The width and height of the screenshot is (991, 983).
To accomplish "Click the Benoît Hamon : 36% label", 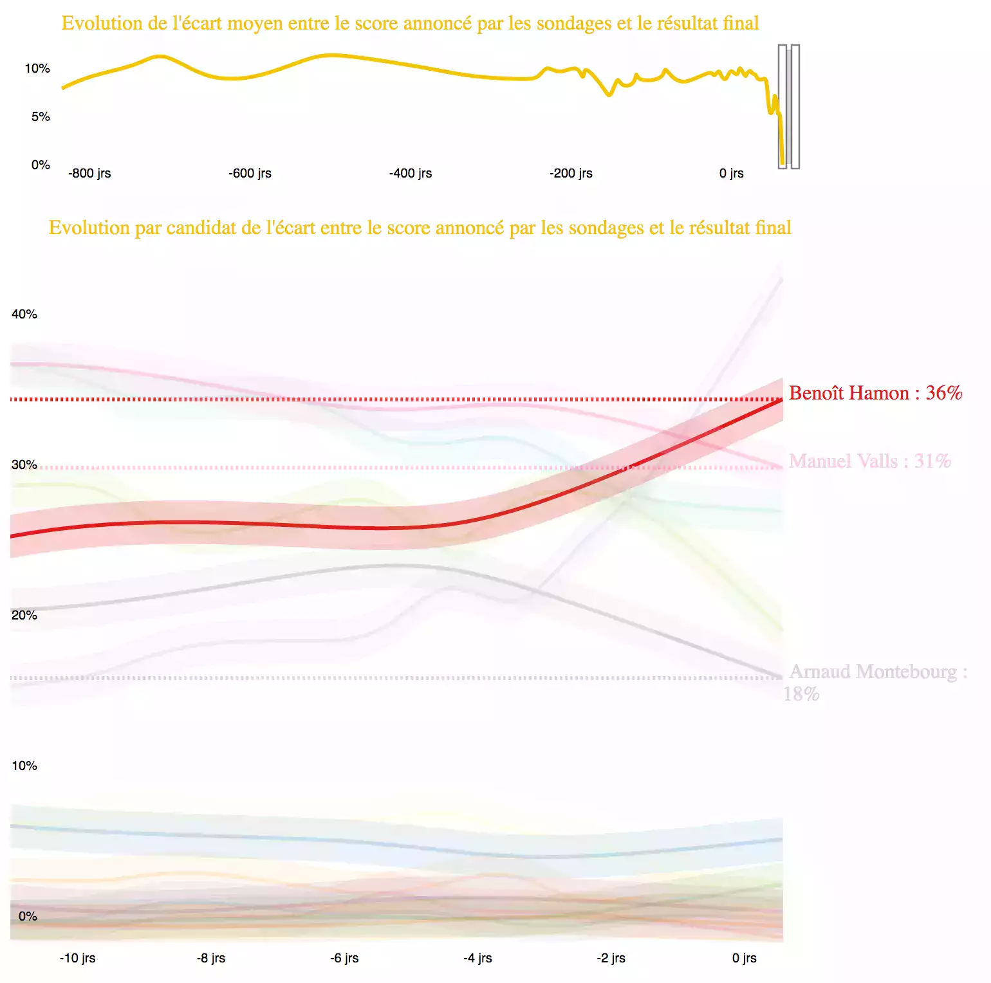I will point(875,393).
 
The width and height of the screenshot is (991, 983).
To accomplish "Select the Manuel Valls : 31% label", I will point(869,461).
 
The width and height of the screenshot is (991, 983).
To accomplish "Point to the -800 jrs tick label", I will point(89,173).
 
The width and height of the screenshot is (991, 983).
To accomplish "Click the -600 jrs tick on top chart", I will point(250,173).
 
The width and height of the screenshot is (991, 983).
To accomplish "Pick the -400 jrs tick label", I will point(411,173).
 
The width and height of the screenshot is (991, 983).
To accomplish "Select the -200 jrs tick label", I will point(571,173).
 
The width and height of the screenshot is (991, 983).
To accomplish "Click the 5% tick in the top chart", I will point(41,116).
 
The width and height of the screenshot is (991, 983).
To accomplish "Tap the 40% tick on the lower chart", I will point(24,314).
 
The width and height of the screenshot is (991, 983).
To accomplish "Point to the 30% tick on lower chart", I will point(24,464).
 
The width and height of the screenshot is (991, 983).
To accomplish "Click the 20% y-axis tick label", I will point(24,615).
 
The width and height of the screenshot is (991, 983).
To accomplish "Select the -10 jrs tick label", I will point(77,958).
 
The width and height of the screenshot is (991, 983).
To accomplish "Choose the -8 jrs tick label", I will point(211,958).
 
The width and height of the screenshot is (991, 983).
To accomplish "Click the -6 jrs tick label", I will point(344,958).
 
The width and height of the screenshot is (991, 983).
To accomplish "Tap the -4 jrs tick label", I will point(477,958).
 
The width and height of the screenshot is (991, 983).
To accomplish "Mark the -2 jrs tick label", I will point(611,958).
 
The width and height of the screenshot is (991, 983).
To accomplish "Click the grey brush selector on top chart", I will point(789,107).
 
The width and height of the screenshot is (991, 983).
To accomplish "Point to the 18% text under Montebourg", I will point(801,694).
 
